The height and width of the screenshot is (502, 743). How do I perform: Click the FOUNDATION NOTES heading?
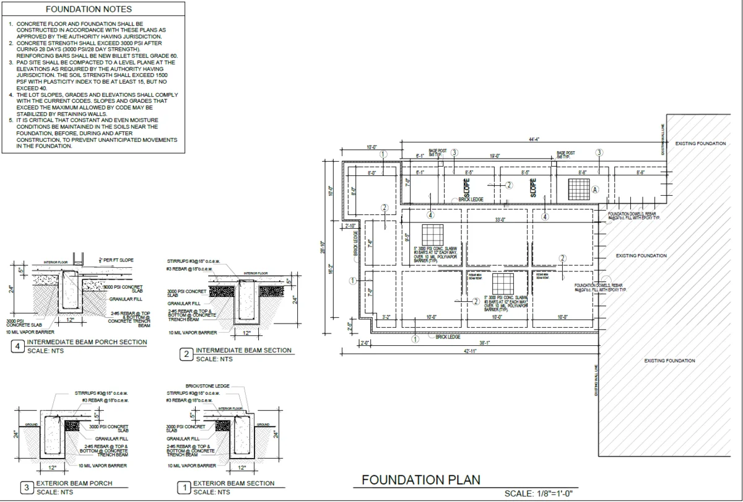pos(89,10)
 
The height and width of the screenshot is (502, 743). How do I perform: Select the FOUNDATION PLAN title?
pos(420,480)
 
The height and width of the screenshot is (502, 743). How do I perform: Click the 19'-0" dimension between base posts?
pos(495,156)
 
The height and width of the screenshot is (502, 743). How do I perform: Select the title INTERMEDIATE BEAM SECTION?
pos(243,350)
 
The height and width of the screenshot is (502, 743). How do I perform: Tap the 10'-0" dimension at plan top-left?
pos(371,148)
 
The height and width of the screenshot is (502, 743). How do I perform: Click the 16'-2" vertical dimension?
pos(331,270)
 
